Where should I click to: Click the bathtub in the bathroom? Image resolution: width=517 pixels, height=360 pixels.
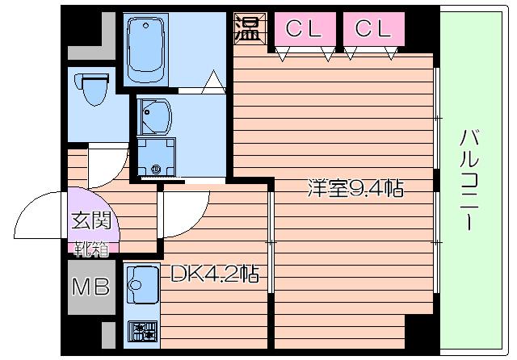pos(151,49)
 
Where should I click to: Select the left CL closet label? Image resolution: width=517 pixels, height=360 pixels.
pos(304,29)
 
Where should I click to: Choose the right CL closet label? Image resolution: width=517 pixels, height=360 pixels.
pos(372,29)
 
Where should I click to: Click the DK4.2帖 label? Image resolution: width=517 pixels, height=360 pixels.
pos(214,274)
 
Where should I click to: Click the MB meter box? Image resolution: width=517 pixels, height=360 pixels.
pos(91,287)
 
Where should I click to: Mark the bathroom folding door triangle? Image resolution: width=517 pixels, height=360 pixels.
pos(213,81)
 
